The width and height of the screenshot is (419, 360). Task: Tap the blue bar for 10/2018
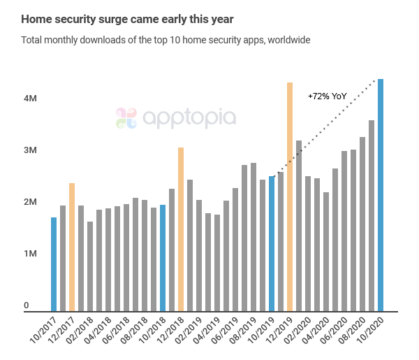tap(163, 258)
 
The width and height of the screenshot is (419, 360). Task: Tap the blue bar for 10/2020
tap(381, 195)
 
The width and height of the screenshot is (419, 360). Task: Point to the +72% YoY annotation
tap(327, 96)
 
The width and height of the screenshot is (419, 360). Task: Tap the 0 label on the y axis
tap(26, 305)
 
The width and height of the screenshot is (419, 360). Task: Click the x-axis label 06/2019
tap(226, 332)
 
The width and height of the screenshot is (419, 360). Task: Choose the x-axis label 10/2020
tap(372, 332)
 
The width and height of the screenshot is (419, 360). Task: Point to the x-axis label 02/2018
tap(81, 332)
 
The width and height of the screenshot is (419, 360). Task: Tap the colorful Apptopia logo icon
tap(126, 117)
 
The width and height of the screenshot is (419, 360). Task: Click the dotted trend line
tap(328, 126)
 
